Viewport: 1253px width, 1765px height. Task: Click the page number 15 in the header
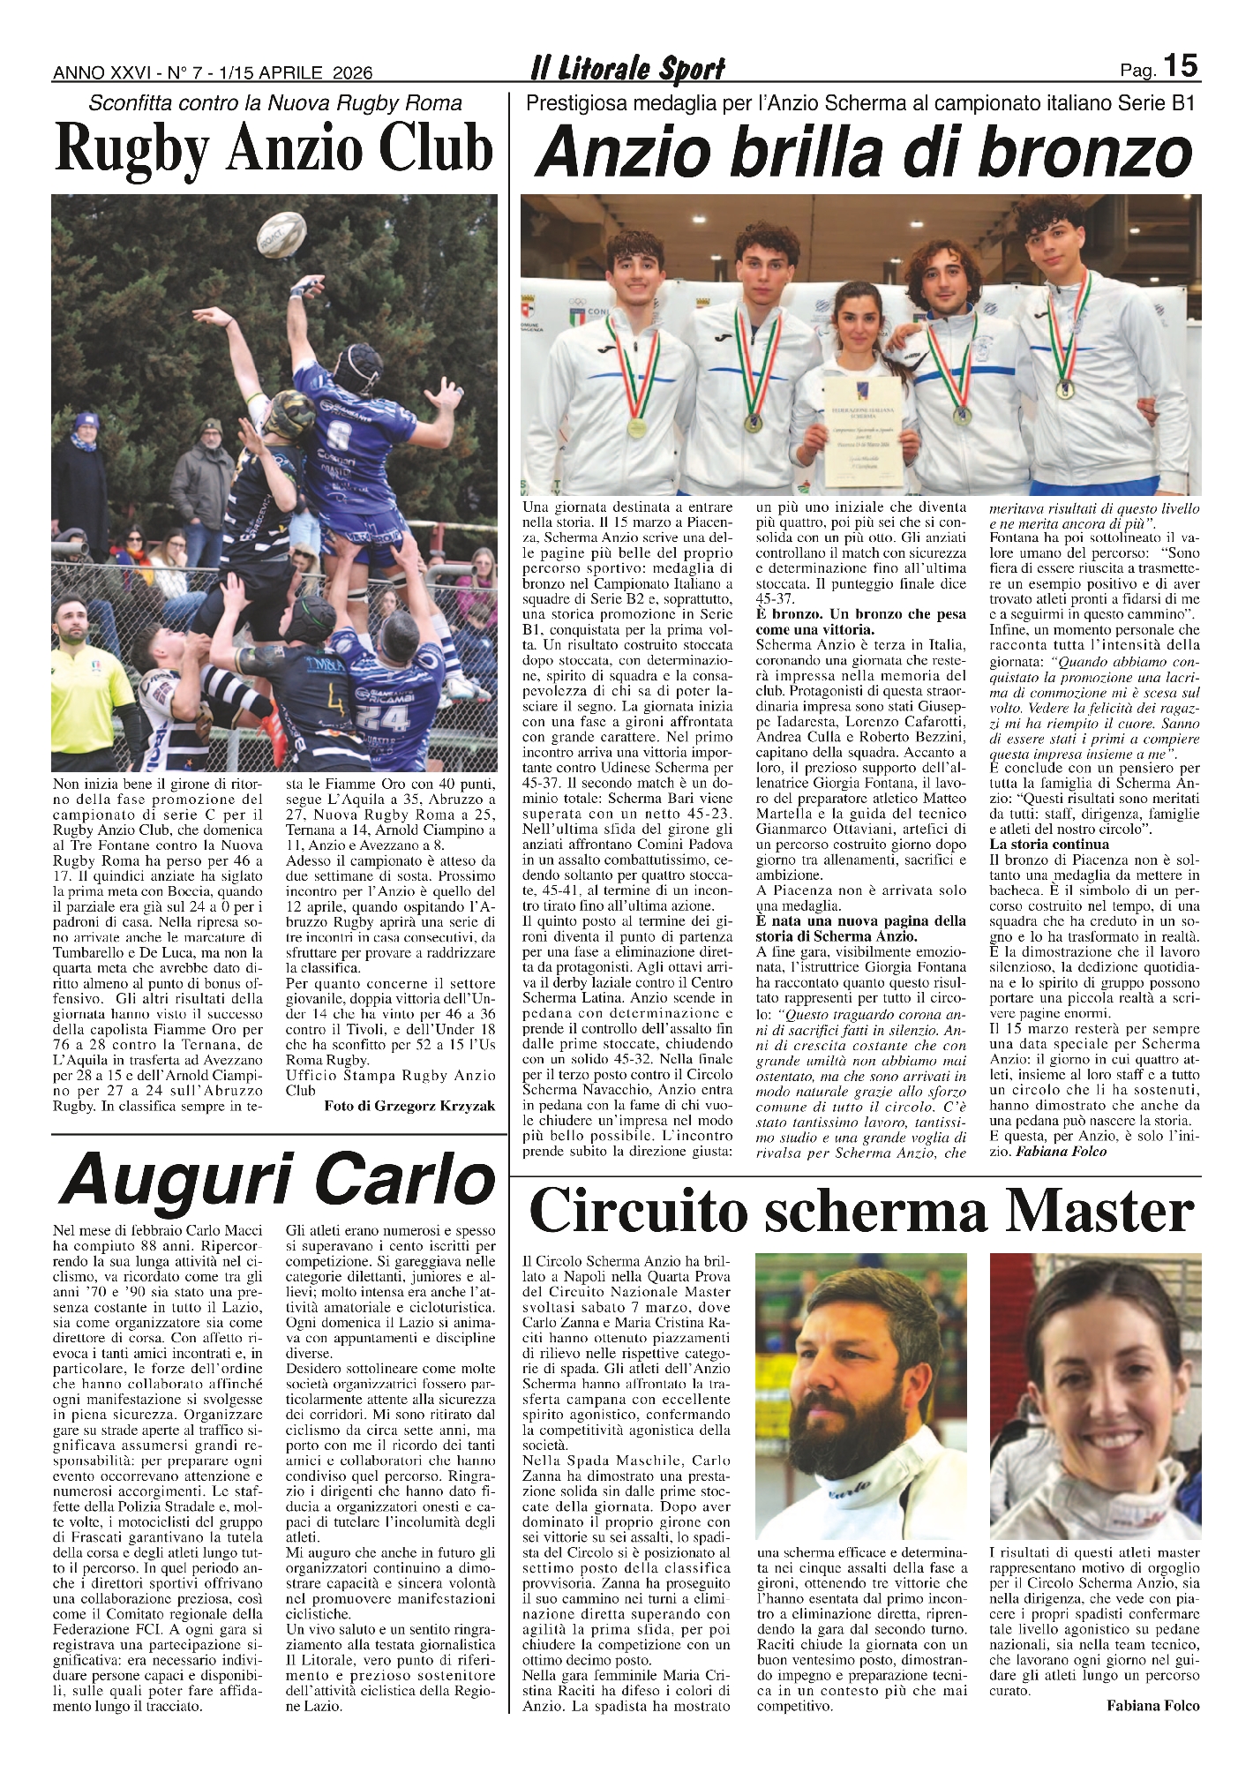(1180, 66)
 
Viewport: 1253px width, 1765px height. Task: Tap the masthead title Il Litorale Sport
(627, 68)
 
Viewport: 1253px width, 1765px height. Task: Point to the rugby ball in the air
(281, 234)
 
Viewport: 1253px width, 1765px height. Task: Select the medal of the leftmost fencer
(637, 426)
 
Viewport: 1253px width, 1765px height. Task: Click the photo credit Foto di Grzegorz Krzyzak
(409, 1106)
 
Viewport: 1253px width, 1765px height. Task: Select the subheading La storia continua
(1048, 844)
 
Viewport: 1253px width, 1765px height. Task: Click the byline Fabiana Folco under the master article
(1152, 1706)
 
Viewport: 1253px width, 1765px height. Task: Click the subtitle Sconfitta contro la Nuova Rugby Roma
(275, 103)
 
